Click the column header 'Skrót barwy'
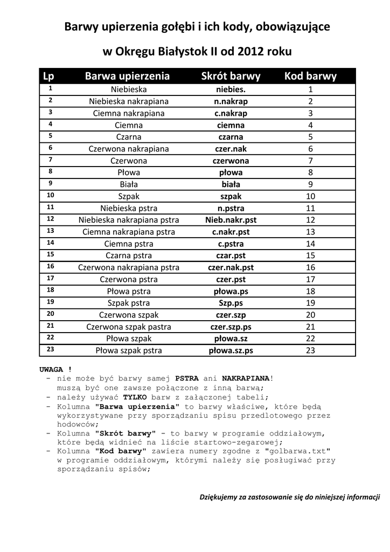point(231,76)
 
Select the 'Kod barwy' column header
point(310,76)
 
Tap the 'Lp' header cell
point(48,76)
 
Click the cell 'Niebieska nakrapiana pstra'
point(129,220)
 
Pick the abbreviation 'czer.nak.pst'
point(231,267)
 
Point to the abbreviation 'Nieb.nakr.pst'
point(231,220)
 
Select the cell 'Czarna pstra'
point(129,256)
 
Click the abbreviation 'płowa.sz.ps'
point(231,350)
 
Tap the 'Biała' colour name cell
point(129,184)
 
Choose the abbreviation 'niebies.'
point(231,89)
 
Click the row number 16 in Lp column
point(51,266)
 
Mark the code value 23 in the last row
point(310,350)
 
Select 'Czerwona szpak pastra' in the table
point(129,327)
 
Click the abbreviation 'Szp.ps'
point(231,303)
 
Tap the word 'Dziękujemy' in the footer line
point(218,496)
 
